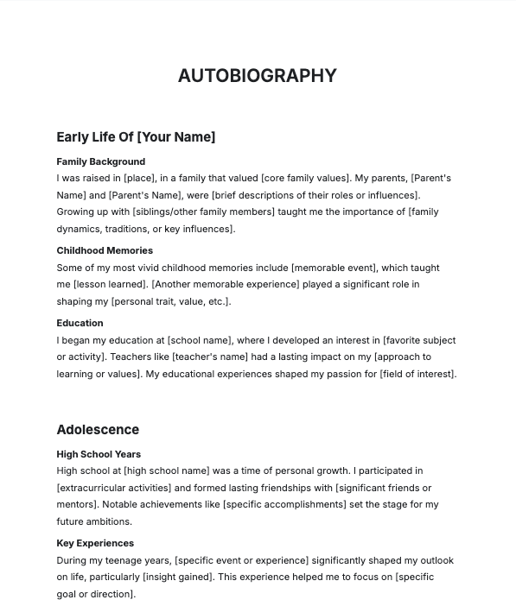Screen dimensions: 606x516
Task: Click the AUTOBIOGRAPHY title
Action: coord(257,76)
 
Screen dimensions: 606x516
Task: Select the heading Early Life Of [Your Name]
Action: coord(136,137)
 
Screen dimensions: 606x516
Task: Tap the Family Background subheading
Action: coord(100,161)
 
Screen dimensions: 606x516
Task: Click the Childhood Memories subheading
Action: coord(105,250)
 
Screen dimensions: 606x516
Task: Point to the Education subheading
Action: coord(80,323)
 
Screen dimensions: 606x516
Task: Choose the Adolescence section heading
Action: coord(98,430)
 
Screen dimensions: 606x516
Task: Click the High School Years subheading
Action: coord(99,454)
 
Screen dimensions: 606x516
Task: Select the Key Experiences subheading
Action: coord(95,543)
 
